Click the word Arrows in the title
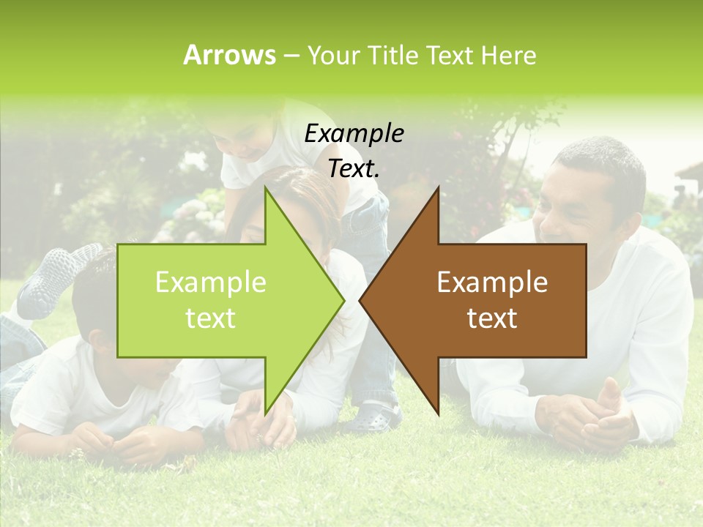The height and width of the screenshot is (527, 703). [229, 55]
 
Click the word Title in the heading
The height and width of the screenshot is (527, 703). [394, 55]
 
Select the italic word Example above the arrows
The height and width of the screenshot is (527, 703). [354, 134]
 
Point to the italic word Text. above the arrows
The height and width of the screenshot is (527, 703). [354, 168]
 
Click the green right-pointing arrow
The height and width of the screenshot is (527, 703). [220, 300]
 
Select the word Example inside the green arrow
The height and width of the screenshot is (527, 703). [211, 283]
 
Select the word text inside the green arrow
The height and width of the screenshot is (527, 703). [211, 318]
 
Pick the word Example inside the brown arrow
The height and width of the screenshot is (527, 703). [492, 283]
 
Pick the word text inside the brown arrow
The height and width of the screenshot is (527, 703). [492, 318]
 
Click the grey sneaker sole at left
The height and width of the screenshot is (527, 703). [55, 274]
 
